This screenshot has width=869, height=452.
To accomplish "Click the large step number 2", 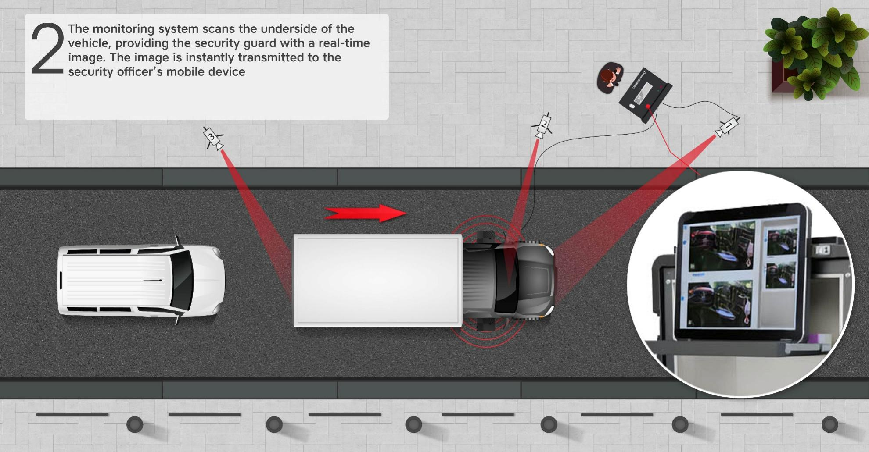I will [x=47, y=49].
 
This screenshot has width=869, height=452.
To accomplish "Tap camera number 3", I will [x=213, y=139].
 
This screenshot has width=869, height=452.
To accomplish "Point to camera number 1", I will [x=728, y=126].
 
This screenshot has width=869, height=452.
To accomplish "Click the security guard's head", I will [x=607, y=78].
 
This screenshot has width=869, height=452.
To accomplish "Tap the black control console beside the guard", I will [x=644, y=95].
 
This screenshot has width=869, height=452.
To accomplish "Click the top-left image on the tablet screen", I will [x=722, y=247].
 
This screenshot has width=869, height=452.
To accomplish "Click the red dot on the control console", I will [x=648, y=107].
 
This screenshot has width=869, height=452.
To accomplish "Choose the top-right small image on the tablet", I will [x=782, y=240].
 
